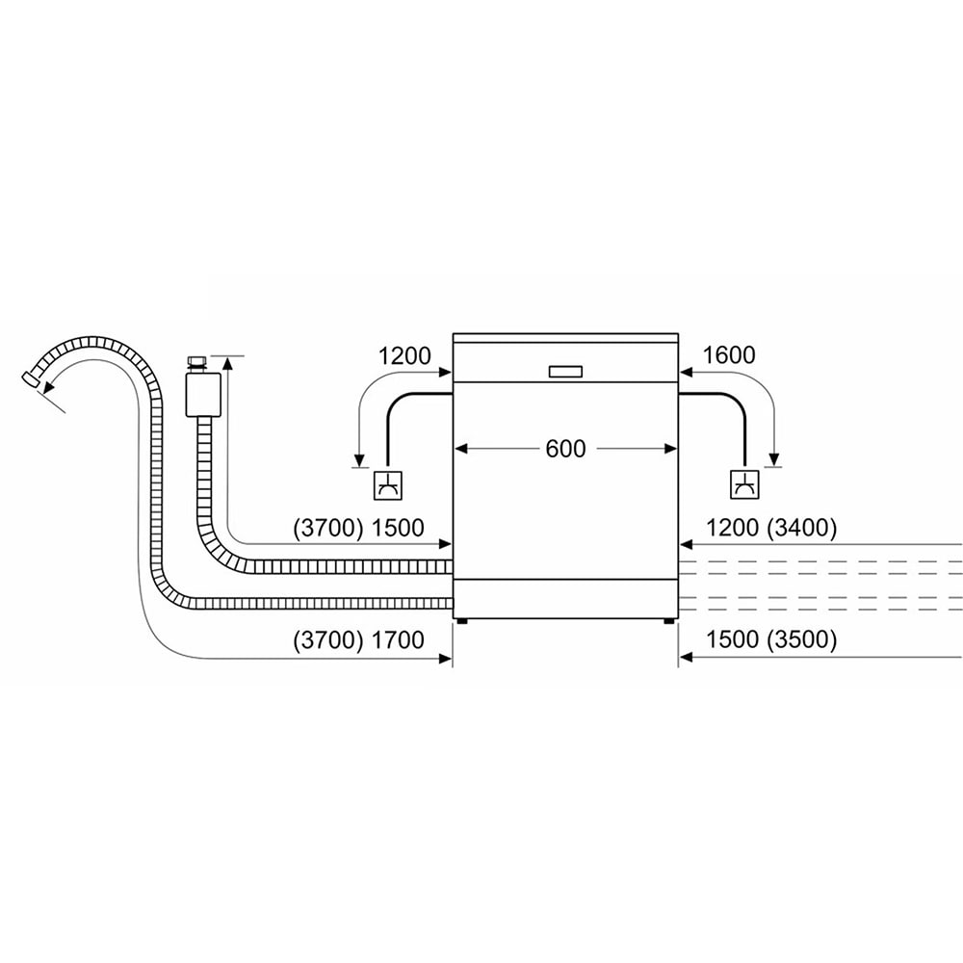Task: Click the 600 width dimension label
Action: [565, 449]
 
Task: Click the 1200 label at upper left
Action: [404, 355]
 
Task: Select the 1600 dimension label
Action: [729, 355]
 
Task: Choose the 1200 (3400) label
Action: [770, 528]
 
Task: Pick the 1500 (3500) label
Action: [770, 639]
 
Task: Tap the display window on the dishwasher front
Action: [565, 372]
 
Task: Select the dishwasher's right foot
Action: [667, 620]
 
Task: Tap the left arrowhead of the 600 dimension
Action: [460, 448]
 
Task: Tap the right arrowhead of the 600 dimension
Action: [672, 448]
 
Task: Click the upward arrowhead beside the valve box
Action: [228, 362]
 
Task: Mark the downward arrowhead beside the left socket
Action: [357, 458]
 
